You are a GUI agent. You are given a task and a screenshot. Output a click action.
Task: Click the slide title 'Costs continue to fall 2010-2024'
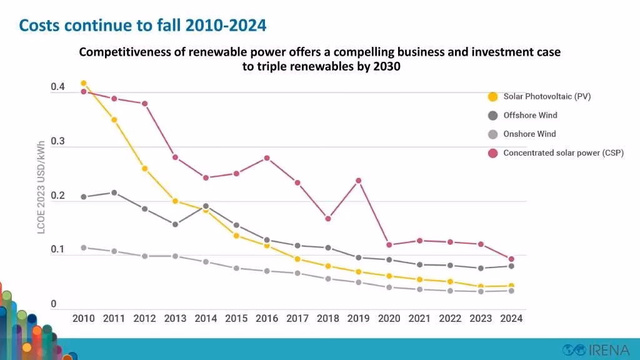(142, 26)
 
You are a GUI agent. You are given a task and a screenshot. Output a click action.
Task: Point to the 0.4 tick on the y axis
(57, 87)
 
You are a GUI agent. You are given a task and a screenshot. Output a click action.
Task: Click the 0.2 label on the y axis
(57, 196)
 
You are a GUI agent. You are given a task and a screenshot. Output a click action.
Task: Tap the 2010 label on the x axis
(84, 318)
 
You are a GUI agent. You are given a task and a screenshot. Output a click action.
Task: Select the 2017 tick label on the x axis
(297, 318)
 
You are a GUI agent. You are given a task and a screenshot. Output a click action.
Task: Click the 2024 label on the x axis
(511, 318)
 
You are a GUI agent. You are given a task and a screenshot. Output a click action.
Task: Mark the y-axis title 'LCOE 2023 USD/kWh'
(41, 187)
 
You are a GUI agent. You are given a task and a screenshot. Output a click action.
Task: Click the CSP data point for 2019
(359, 181)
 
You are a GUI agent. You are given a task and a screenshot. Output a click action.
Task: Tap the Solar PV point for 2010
(84, 83)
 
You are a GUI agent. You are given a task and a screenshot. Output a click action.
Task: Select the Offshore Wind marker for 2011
(114, 192)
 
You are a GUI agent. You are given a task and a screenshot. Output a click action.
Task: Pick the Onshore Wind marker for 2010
(84, 247)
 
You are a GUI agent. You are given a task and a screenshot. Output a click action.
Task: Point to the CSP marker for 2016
(267, 157)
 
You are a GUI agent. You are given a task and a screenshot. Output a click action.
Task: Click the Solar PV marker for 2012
(145, 168)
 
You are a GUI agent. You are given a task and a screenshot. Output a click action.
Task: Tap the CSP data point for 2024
(511, 259)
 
